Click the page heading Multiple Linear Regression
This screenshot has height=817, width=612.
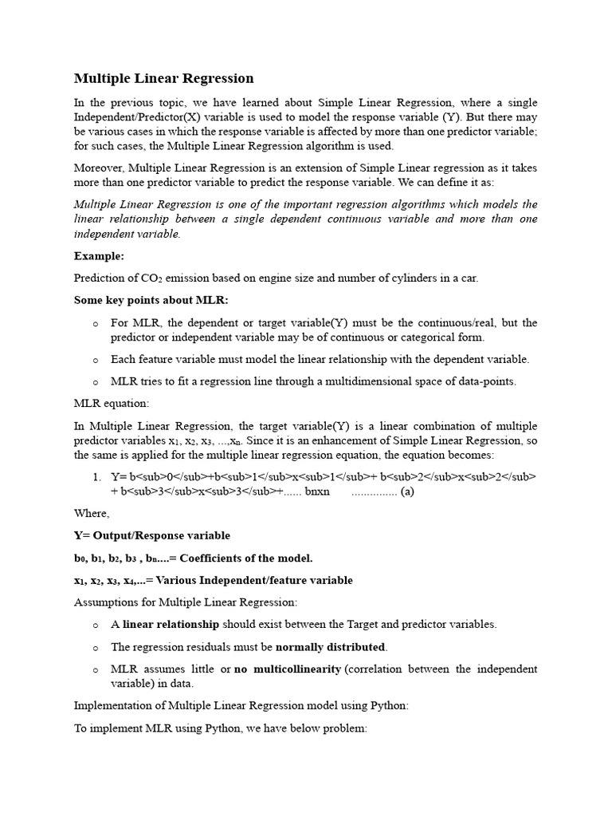(x=163, y=78)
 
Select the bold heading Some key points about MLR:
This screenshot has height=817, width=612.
(x=151, y=300)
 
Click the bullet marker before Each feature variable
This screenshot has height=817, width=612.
(x=95, y=360)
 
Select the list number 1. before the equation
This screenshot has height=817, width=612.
(x=96, y=477)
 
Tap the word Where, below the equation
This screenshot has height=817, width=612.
(x=92, y=513)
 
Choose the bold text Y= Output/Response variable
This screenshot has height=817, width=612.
(x=152, y=535)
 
